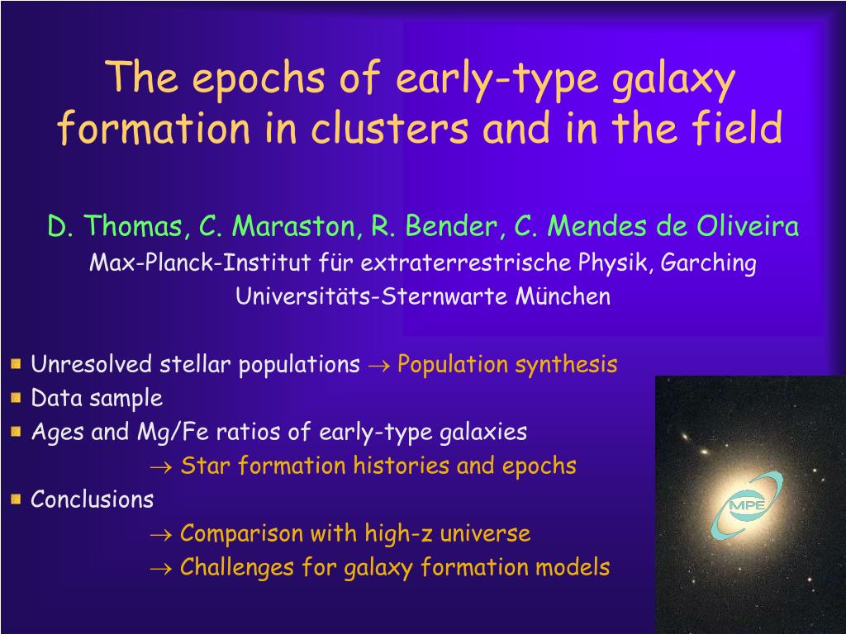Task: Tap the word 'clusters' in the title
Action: [x=389, y=128]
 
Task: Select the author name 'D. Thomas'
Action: [x=115, y=225]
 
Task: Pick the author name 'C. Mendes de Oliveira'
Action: [x=656, y=225]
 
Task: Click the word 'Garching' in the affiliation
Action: [x=708, y=263]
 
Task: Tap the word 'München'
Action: [x=563, y=296]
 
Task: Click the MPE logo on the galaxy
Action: [x=746, y=505]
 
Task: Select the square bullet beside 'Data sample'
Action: [x=16, y=398]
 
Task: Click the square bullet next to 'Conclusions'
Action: [x=16, y=499]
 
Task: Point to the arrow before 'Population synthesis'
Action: [x=378, y=367]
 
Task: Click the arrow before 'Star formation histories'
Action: [x=161, y=467]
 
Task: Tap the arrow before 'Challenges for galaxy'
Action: [x=161, y=569]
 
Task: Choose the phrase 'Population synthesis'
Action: [x=507, y=365]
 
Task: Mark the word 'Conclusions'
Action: [x=93, y=499]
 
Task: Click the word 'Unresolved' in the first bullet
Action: [x=91, y=364]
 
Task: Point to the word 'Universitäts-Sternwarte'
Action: [x=372, y=296]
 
